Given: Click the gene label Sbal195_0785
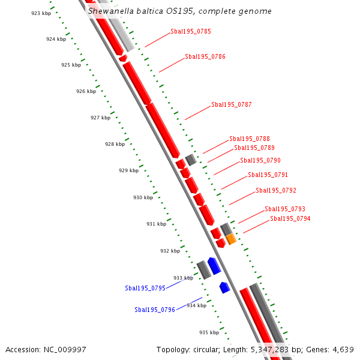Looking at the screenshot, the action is pos(190,31).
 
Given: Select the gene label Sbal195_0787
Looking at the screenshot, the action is pos(231,104).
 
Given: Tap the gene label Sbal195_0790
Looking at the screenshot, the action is pos(260,160).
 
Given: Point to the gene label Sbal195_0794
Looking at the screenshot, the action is pos(290,218).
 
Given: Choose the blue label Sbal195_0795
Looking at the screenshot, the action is pos(145,288).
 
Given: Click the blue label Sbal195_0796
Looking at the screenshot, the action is pos(155,310).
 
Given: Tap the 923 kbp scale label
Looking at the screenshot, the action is pos(41,13).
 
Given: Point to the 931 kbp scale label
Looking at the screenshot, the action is pos(156,224).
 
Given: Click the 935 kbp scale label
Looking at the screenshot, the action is pos(209,332).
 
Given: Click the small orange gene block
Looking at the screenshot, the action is pos(231,239).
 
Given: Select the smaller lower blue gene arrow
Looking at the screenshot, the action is pos(224,287).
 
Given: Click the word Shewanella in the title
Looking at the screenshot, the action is pos(109,11).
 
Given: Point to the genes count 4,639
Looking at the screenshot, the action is pos(342,349).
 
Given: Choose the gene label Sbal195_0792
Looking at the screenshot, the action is pos(276,190).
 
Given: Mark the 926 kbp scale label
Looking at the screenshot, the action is pos(86,91).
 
